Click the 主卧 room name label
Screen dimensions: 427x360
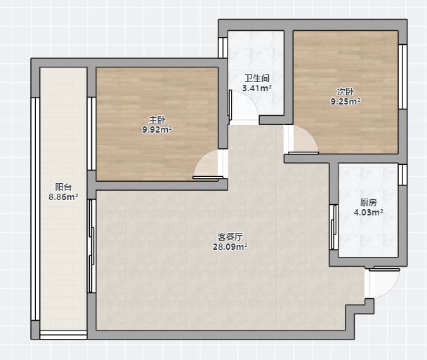pyautogui.click(x=157, y=120)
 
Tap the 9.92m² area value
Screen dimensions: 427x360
pyautogui.click(x=157, y=130)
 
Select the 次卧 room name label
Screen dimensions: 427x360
pyautogui.click(x=346, y=92)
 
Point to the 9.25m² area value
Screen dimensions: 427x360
pyautogui.click(x=346, y=102)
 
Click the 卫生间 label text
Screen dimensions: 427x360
pyautogui.click(x=257, y=79)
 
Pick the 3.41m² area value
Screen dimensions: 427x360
pyautogui.click(x=257, y=88)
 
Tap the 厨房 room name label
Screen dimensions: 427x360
pyautogui.click(x=369, y=202)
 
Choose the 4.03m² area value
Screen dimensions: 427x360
pyautogui.click(x=369, y=212)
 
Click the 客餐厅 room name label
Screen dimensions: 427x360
pyautogui.click(x=230, y=236)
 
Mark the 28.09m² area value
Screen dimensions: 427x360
pyautogui.click(x=230, y=247)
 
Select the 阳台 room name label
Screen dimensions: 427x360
pyautogui.click(x=63, y=187)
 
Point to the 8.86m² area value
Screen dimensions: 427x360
pyautogui.click(x=63, y=196)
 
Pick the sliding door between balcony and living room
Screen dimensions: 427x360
pyautogui.click(x=91, y=246)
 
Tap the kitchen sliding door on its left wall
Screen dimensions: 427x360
pyautogui.click(x=334, y=227)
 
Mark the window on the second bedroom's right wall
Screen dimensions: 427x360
pyautogui.click(x=402, y=76)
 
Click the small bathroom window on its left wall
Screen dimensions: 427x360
pyautogui.click(x=223, y=48)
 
